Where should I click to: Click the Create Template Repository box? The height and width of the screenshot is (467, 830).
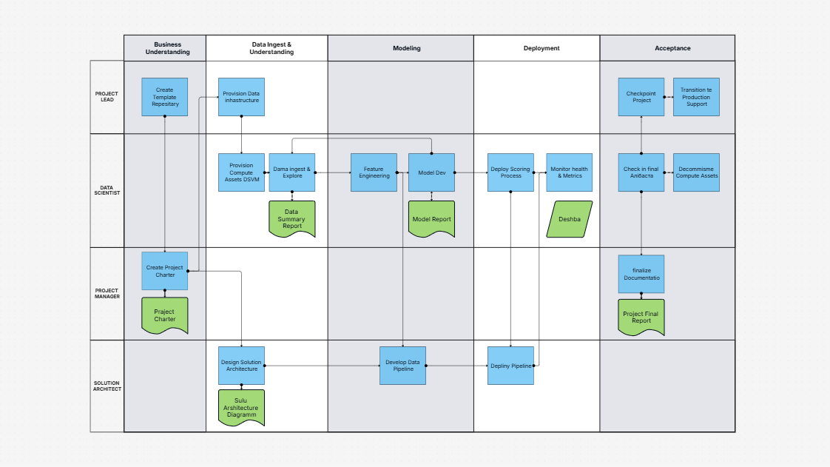coord(164,97)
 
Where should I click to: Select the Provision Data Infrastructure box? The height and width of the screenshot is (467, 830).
coord(241,97)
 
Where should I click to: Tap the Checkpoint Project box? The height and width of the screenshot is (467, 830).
coord(641,97)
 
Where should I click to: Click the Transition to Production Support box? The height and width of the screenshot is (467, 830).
coord(695,97)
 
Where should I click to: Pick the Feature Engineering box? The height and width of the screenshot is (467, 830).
coord(374,172)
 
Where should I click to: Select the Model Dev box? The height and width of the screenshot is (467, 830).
coord(431,172)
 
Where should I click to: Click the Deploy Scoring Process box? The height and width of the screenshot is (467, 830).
coord(510,172)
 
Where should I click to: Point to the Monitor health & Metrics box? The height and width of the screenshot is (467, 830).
coord(570,172)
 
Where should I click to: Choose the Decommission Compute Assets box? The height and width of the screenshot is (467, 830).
coord(696,172)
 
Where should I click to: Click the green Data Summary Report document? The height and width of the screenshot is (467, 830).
coord(292,219)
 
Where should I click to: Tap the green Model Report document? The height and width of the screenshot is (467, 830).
coord(431,219)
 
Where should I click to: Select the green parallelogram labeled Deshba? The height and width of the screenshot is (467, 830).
coord(570,219)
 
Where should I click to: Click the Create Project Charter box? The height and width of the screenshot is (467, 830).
coord(164,271)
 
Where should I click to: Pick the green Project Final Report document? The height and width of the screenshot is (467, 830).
coord(641,317)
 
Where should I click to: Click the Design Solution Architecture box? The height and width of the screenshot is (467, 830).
coord(241,366)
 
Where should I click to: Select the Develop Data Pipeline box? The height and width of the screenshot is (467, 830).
coord(402,366)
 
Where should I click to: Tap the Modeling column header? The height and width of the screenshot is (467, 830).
coord(406,48)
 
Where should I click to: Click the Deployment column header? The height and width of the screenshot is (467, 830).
coord(542,48)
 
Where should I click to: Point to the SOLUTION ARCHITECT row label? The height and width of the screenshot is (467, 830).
coord(107,386)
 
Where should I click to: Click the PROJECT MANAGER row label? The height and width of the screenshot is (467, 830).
coord(107,294)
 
